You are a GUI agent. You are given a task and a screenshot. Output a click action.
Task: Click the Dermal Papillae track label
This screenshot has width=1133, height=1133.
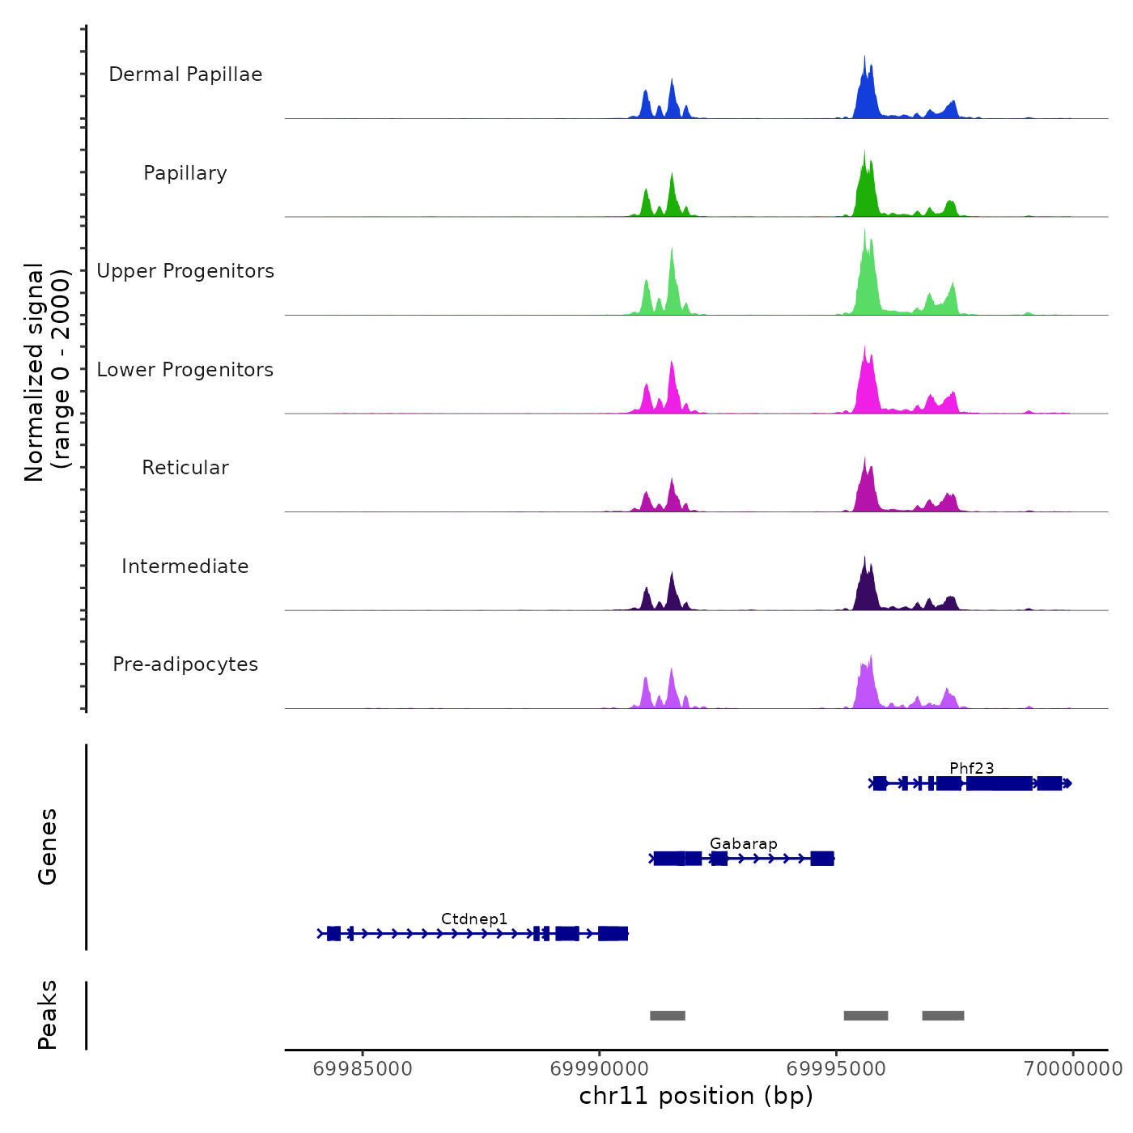pyautogui.click(x=185, y=74)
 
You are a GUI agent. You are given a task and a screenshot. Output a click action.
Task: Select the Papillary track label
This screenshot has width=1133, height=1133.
pyautogui.click(x=185, y=173)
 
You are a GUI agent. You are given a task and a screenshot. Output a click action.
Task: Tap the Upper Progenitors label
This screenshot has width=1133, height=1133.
pyautogui.click(x=185, y=271)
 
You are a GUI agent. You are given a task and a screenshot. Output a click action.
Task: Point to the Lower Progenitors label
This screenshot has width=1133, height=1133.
pyautogui.click(x=185, y=370)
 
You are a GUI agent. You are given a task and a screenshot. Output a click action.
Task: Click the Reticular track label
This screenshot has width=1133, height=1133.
pyautogui.click(x=185, y=468)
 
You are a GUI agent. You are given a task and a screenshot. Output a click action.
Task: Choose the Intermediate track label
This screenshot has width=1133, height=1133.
pyautogui.click(x=185, y=566)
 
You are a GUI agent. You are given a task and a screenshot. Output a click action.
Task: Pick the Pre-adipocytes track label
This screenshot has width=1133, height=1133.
pyautogui.click(x=185, y=664)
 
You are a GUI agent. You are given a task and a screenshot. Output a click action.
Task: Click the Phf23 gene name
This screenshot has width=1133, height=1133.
pyautogui.click(x=971, y=768)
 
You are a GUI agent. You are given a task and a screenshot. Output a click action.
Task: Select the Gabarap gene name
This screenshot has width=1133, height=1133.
pyautogui.click(x=743, y=843)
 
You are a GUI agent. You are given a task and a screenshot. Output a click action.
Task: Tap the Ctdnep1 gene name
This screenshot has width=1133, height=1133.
pyautogui.click(x=474, y=919)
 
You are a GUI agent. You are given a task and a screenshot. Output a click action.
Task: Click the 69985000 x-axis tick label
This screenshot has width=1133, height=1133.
pyautogui.click(x=363, y=1069)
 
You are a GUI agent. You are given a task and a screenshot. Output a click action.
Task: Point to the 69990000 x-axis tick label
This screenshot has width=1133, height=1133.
pyautogui.click(x=600, y=1069)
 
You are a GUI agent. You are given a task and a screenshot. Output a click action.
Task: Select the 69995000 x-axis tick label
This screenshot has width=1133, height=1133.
pyautogui.click(x=836, y=1069)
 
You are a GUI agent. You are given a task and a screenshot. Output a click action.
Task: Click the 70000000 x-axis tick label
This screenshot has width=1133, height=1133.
pyautogui.click(x=1073, y=1069)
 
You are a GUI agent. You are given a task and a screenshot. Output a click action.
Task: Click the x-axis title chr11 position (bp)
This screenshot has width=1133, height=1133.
pyautogui.click(x=696, y=1096)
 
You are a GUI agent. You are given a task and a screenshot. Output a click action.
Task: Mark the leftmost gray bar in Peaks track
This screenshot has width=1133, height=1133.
pyautogui.click(x=668, y=1016)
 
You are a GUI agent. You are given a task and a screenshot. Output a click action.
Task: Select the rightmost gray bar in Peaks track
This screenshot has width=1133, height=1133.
pyautogui.click(x=943, y=1016)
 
